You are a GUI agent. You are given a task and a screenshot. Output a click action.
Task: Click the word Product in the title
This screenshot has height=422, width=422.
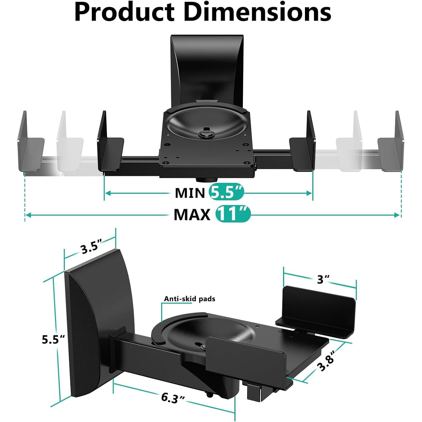(x=124, y=13)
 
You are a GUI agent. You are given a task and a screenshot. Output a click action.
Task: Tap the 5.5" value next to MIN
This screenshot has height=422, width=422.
(x=226, y=193)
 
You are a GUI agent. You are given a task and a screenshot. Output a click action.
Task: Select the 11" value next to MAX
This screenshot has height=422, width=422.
(x=233, y=214)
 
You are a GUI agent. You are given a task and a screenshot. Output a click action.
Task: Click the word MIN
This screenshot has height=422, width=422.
(x=190, y=193)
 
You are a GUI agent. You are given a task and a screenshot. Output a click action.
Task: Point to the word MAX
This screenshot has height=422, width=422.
(x=192, y=215)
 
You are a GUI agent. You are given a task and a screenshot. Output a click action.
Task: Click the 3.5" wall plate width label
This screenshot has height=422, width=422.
(x=89, y=247)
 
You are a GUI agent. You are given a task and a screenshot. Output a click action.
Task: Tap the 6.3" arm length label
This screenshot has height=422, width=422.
(x=173, y=398)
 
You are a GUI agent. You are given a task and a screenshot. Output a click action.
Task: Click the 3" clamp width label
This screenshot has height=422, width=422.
(x=323, y=280)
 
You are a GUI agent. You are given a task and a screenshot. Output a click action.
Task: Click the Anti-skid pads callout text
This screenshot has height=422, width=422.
(x=190, y=299)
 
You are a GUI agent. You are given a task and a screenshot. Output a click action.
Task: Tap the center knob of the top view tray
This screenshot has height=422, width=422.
(x=206, y=134)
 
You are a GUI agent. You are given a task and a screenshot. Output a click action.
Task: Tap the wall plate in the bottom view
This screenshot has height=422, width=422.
(x=93, y=324)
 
